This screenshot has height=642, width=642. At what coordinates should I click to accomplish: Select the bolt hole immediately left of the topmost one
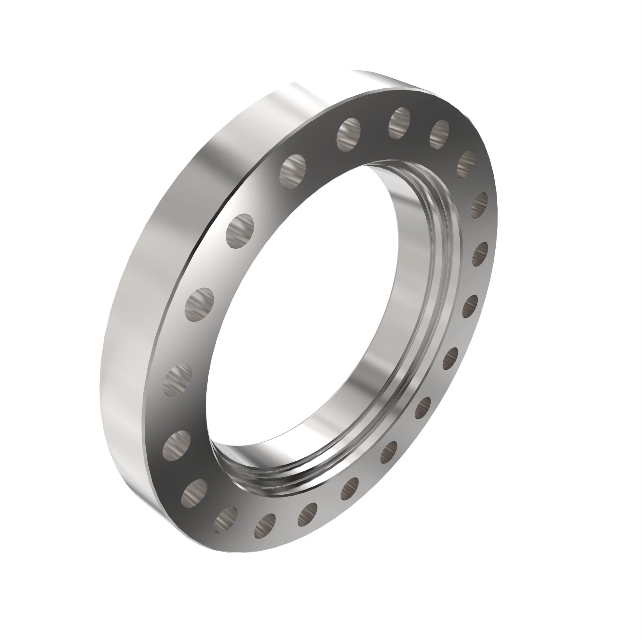348,134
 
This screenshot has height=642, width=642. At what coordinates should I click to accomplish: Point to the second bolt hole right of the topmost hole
466,163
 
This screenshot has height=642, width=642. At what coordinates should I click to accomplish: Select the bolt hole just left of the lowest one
226,520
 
